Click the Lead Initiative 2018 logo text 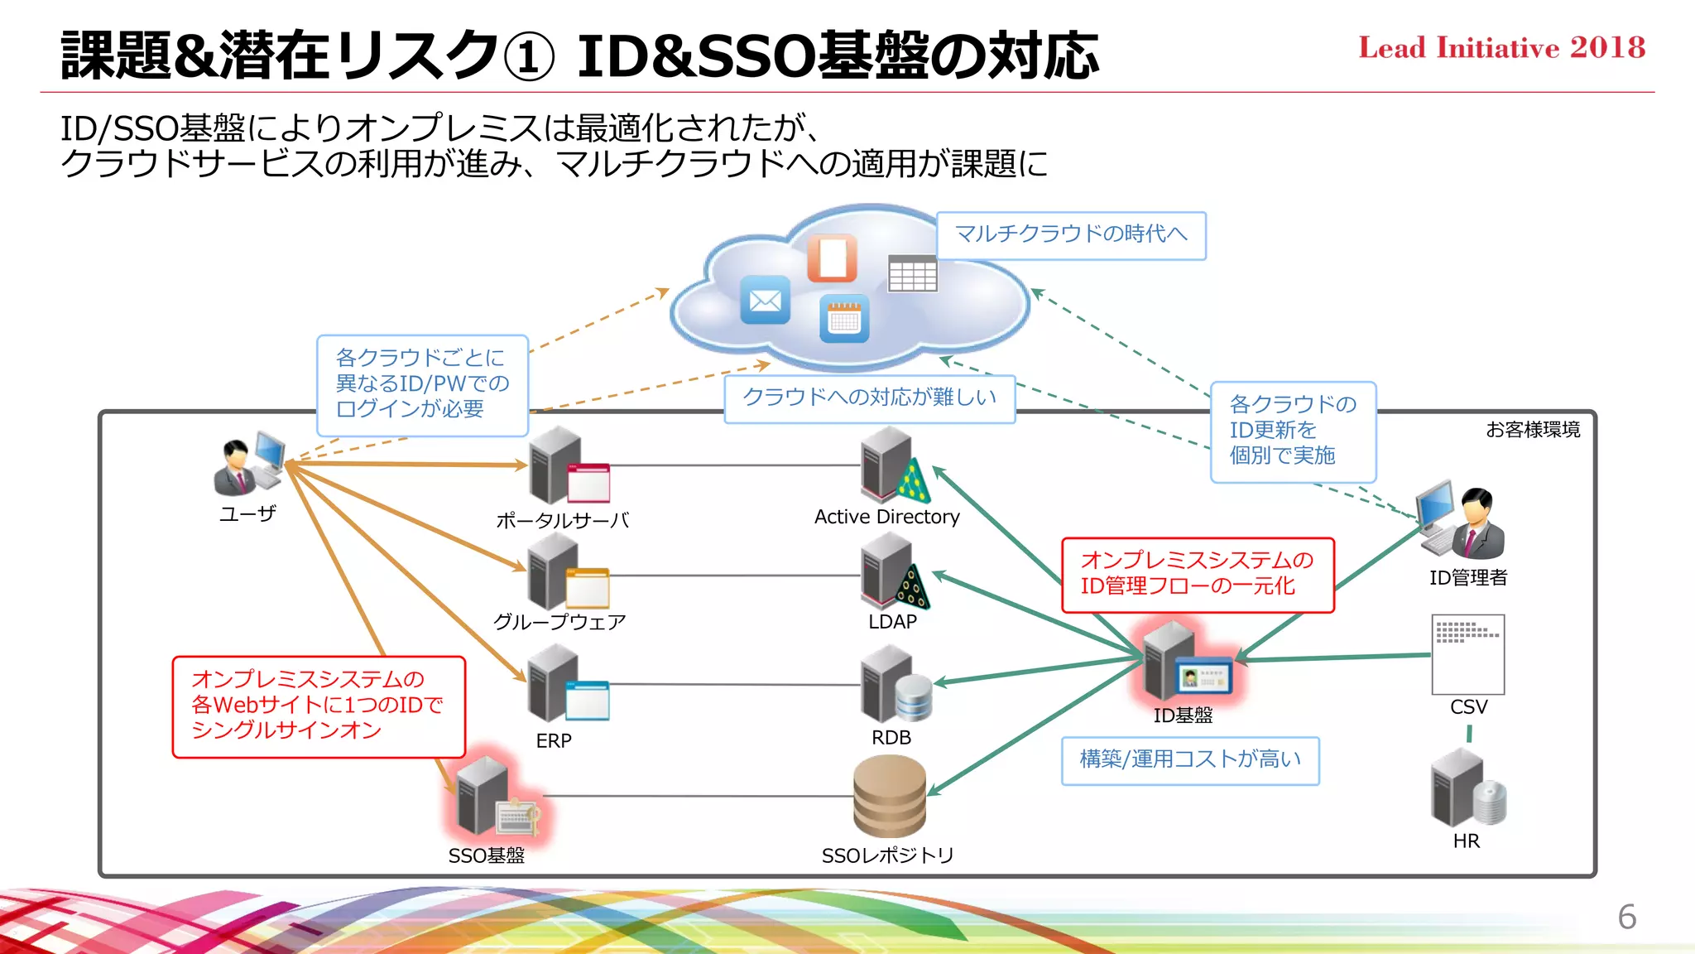click(1501, 48)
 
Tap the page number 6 click(1626, 917)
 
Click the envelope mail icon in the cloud click(765, 301)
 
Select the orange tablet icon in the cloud click(832, 258)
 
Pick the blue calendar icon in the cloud click(844, 318)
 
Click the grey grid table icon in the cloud click(912, 273)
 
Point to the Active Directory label click(886, 517)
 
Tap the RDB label click(891, 737)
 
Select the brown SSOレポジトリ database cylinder click(890, 796)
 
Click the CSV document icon click(1468, 654)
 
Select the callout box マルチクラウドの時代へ click(1071, 235)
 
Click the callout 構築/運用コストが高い click(1190, 760)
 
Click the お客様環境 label click(1533, 430)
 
